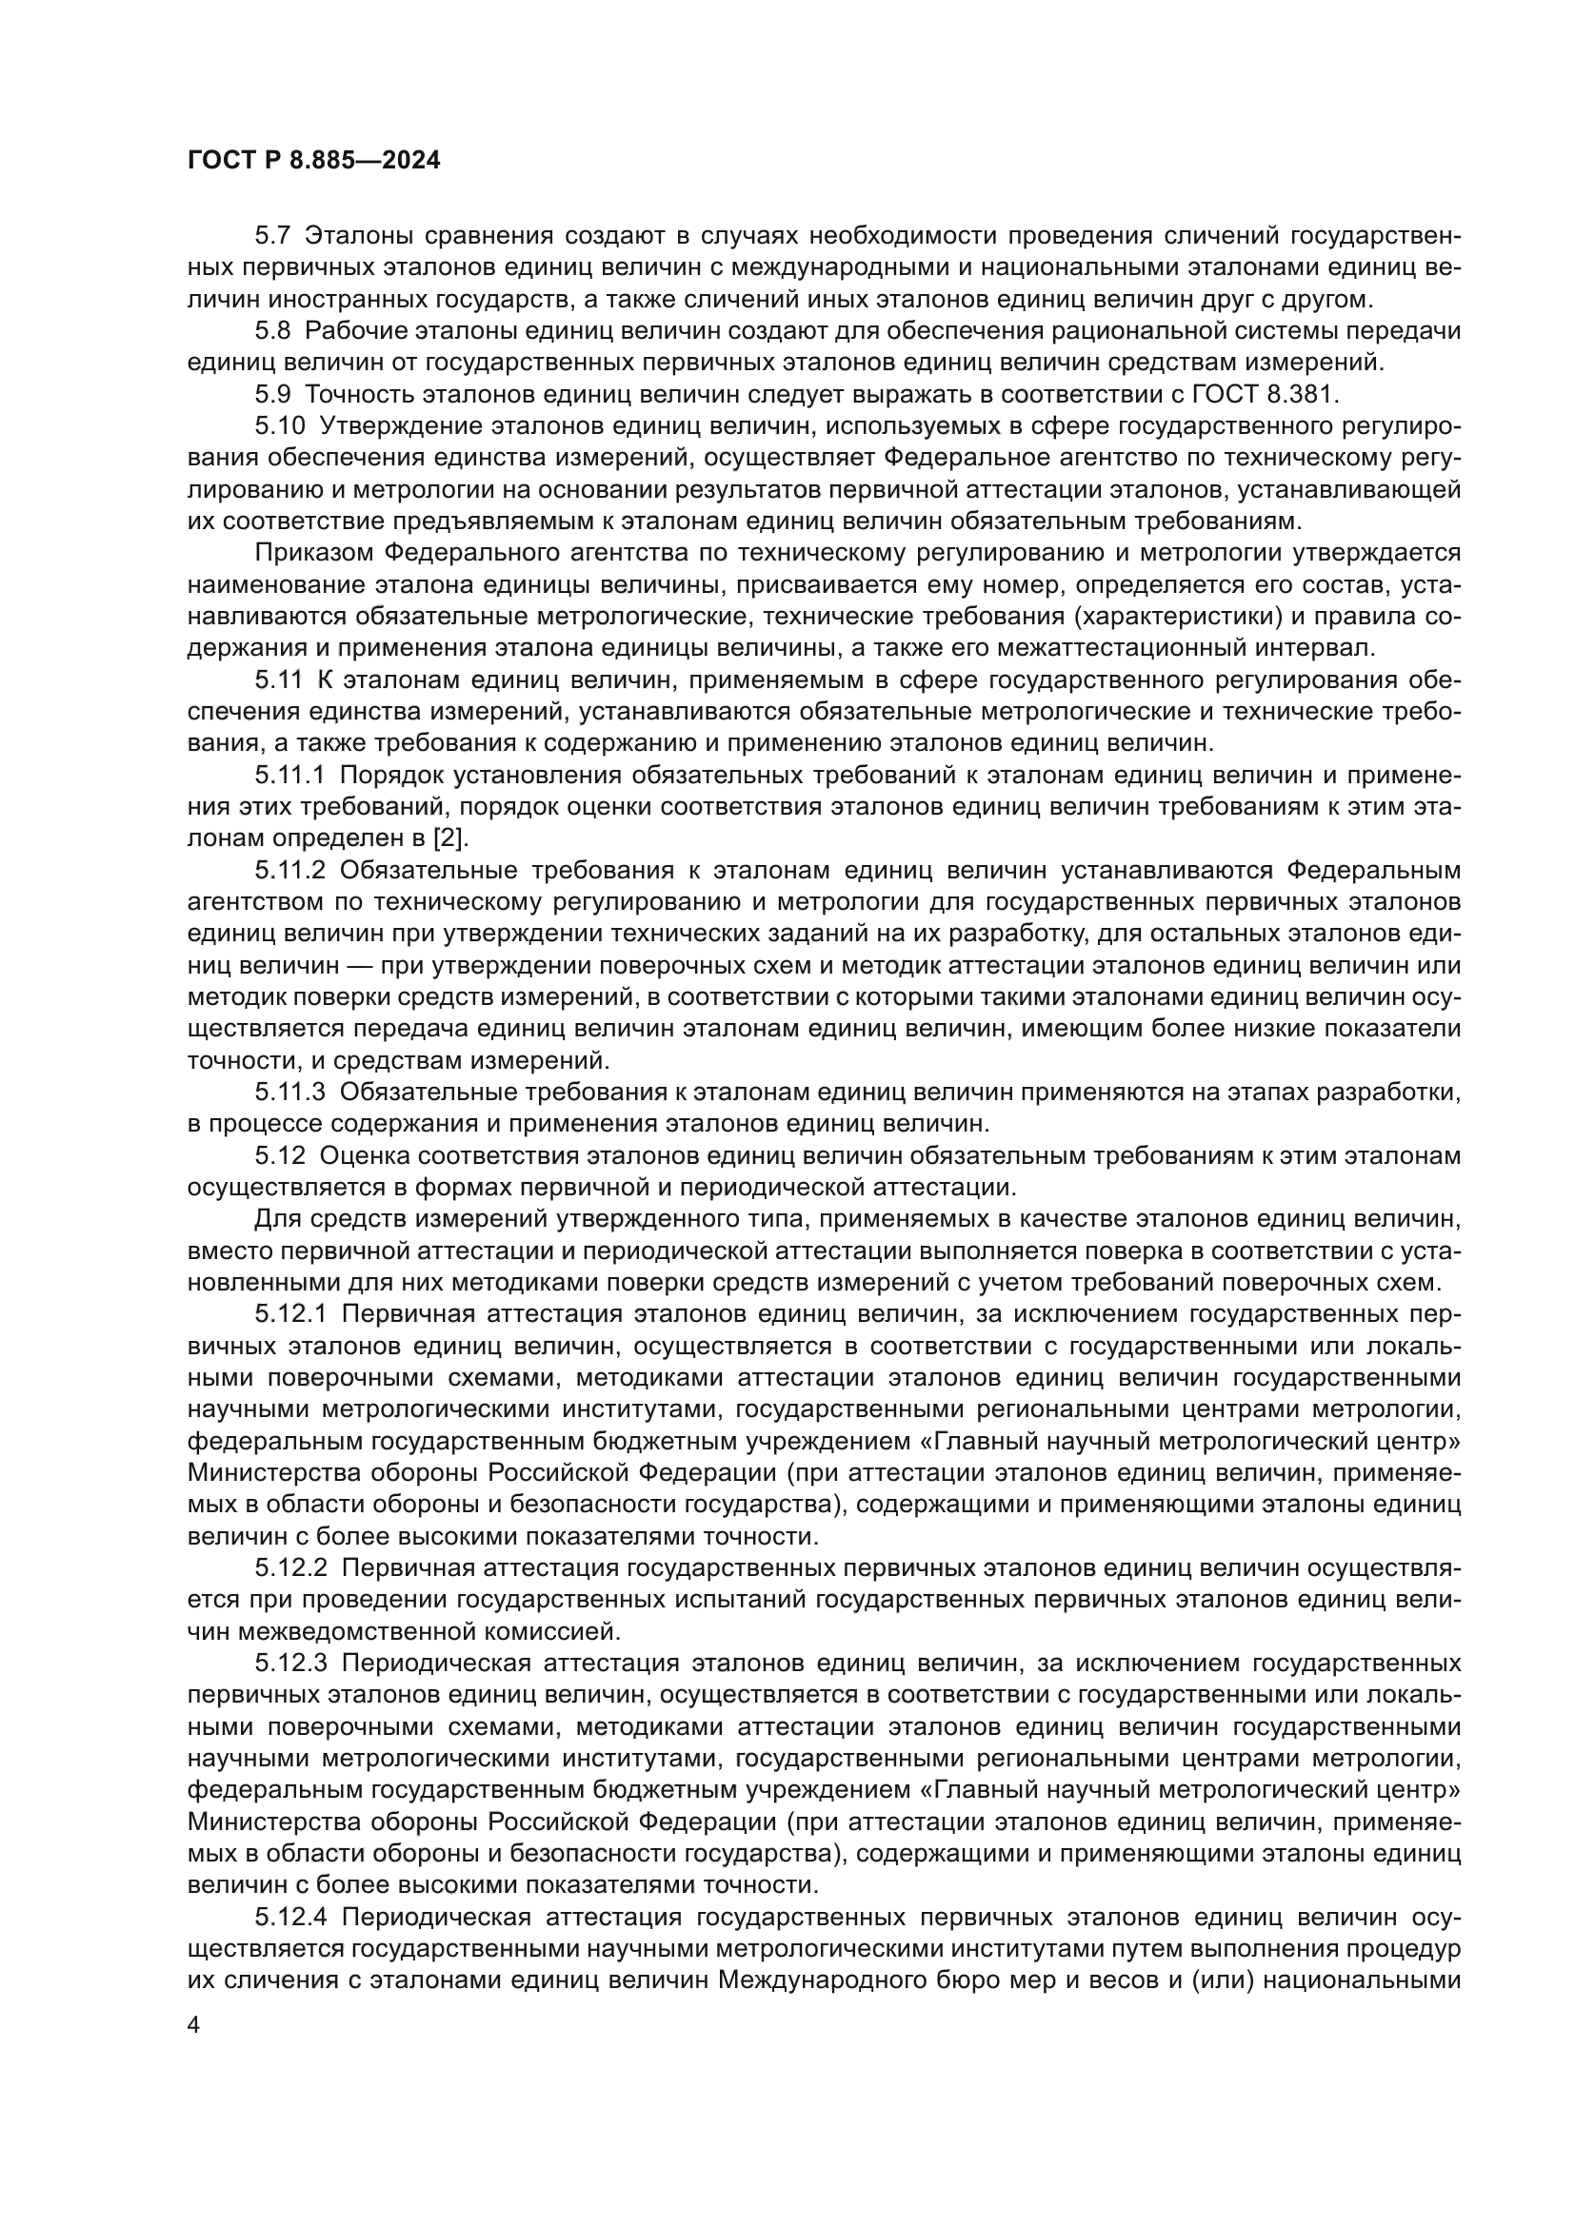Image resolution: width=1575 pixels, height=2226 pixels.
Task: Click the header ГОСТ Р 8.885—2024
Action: pyautogui.click(x=313, y=161)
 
